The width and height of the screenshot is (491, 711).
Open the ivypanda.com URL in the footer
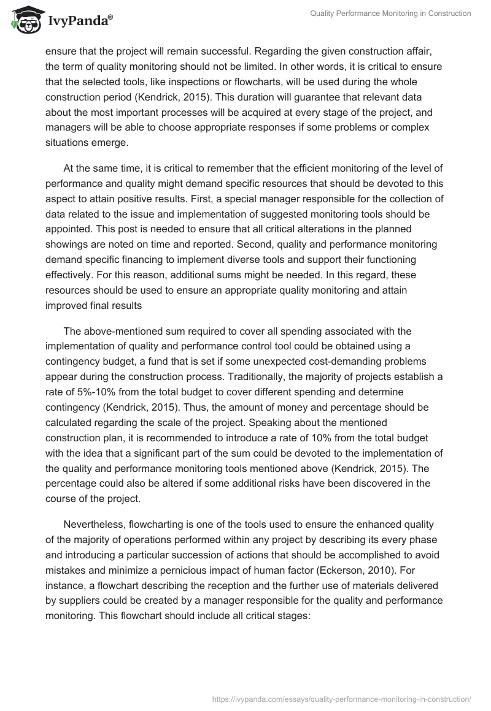pos(341,698)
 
